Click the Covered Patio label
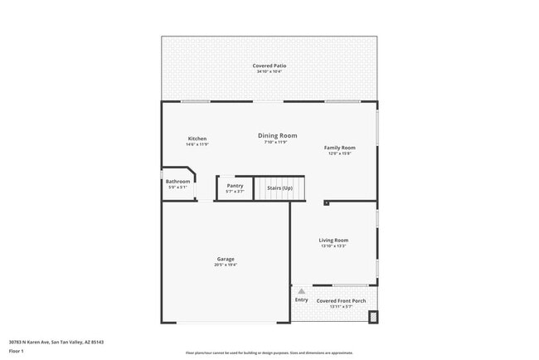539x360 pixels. (x=269, y=66)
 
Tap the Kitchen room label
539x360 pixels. (x=197, y=139)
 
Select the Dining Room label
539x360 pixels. (x=277, y=135)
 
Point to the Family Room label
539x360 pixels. (x=339, y=148)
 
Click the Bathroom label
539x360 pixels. (x=177, y=182)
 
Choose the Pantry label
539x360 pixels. (x=235, y=186)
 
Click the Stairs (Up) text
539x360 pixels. (x=279, y=188)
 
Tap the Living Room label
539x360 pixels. (x=333, y=241)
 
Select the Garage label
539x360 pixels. (x=226, y=259)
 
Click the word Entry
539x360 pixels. (x=301, y=299)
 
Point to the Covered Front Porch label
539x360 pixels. (x=341, y=301)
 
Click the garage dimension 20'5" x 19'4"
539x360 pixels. (x=226, y=265)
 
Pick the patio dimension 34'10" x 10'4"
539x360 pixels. (x=269, y=72)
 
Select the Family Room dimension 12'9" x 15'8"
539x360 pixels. (x=339, y=153)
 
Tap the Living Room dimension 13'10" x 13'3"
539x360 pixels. (x=333, y=246)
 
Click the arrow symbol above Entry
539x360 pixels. (x=301, y=291)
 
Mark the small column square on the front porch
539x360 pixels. (x=372, y=316)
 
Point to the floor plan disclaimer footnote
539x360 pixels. (x=269, y=353)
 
